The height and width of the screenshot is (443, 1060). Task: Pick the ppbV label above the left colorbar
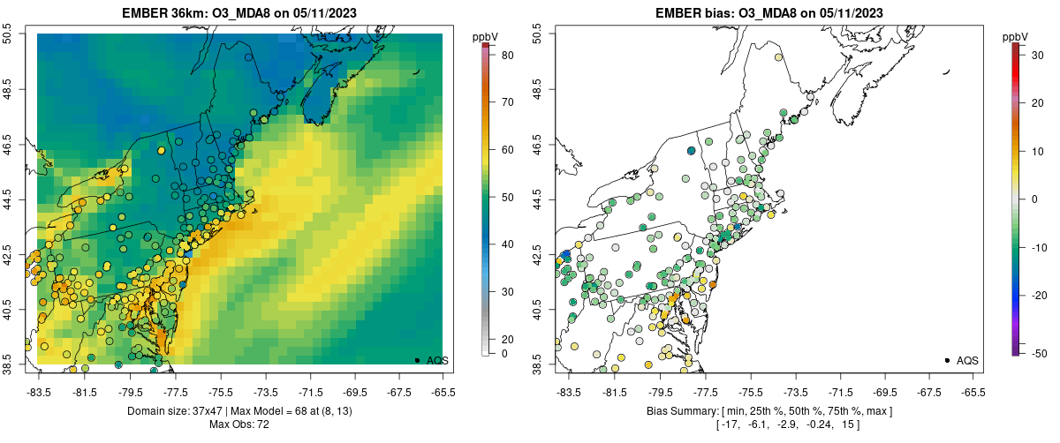click(x=485, y=36)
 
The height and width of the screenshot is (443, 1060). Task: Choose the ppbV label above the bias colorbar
click(x=1016, y=36)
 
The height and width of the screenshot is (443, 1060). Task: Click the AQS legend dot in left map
click(x=416, y=360)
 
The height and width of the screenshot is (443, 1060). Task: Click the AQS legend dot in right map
click(x=946, y=360)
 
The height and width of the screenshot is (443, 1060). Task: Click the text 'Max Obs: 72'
click(x=239, y=424)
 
